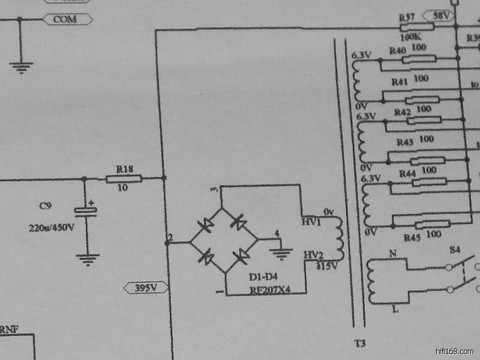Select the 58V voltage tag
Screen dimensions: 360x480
click(439, 15)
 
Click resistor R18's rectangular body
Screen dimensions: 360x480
click(124, 178)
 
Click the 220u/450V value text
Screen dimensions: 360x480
click(51, 228)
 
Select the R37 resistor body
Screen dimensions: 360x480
click(416, 27)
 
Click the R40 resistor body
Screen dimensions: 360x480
click(418, 59)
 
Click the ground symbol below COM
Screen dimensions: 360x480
click(21, 67)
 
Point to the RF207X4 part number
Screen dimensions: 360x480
click(270, 290)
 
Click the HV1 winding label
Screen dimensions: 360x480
click(312, 222)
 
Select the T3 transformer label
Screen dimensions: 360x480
click(359, 344)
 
